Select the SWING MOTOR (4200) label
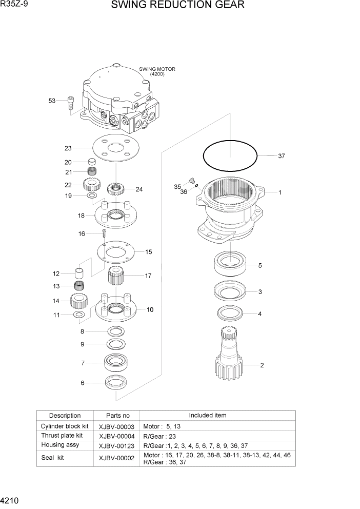click(x=157, y=72)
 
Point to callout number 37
click(x=281, y=156)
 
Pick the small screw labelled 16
click(x=104, y=234)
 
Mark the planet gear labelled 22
click(x=91, y=185)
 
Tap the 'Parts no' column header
click(x=116, y=416)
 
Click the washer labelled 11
click(x=79, y=315)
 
